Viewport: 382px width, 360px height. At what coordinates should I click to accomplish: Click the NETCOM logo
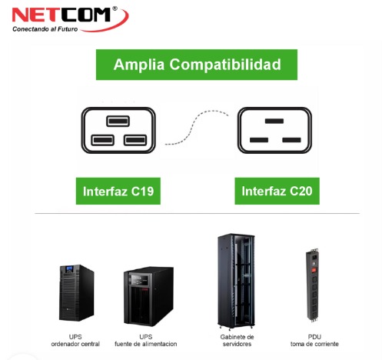(x=70, y=19)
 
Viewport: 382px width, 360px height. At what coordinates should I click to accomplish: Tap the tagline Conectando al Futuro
(x=45, y=29)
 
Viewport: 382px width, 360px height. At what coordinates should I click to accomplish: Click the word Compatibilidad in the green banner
(x=225, y=65)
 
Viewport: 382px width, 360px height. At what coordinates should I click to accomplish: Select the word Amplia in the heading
(x=139, y=65)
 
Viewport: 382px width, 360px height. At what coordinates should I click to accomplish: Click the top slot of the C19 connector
(x=118, y=121)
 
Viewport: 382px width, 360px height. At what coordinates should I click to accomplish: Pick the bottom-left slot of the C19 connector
(x=102, y=140)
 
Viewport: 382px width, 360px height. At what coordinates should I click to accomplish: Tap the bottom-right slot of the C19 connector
(x=135, y=140)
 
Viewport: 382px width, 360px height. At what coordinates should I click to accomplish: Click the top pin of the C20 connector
(x=274, y=121)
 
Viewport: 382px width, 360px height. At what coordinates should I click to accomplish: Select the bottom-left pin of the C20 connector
(x=259, y=140)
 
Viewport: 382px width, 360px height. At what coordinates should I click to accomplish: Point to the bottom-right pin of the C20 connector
(x=291, y=140)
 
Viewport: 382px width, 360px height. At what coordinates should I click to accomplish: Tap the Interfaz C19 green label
(x=118, y=191)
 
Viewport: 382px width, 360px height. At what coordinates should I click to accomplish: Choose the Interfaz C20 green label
(x=277, y=191)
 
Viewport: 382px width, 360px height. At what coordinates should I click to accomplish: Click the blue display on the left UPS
(x=69, y=268)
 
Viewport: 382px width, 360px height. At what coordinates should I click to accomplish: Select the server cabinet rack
(x=236, y=281)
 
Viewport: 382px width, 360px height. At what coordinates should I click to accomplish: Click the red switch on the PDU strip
(x=313, y=270)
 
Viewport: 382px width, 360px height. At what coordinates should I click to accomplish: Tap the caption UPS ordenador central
(x=75, y=340)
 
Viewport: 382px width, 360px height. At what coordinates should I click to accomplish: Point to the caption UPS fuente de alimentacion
(x=146, y=340)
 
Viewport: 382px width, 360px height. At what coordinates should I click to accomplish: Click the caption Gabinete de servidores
(x=237, y=340)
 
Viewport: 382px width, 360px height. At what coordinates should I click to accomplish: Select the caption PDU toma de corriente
(x=314, y=340)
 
